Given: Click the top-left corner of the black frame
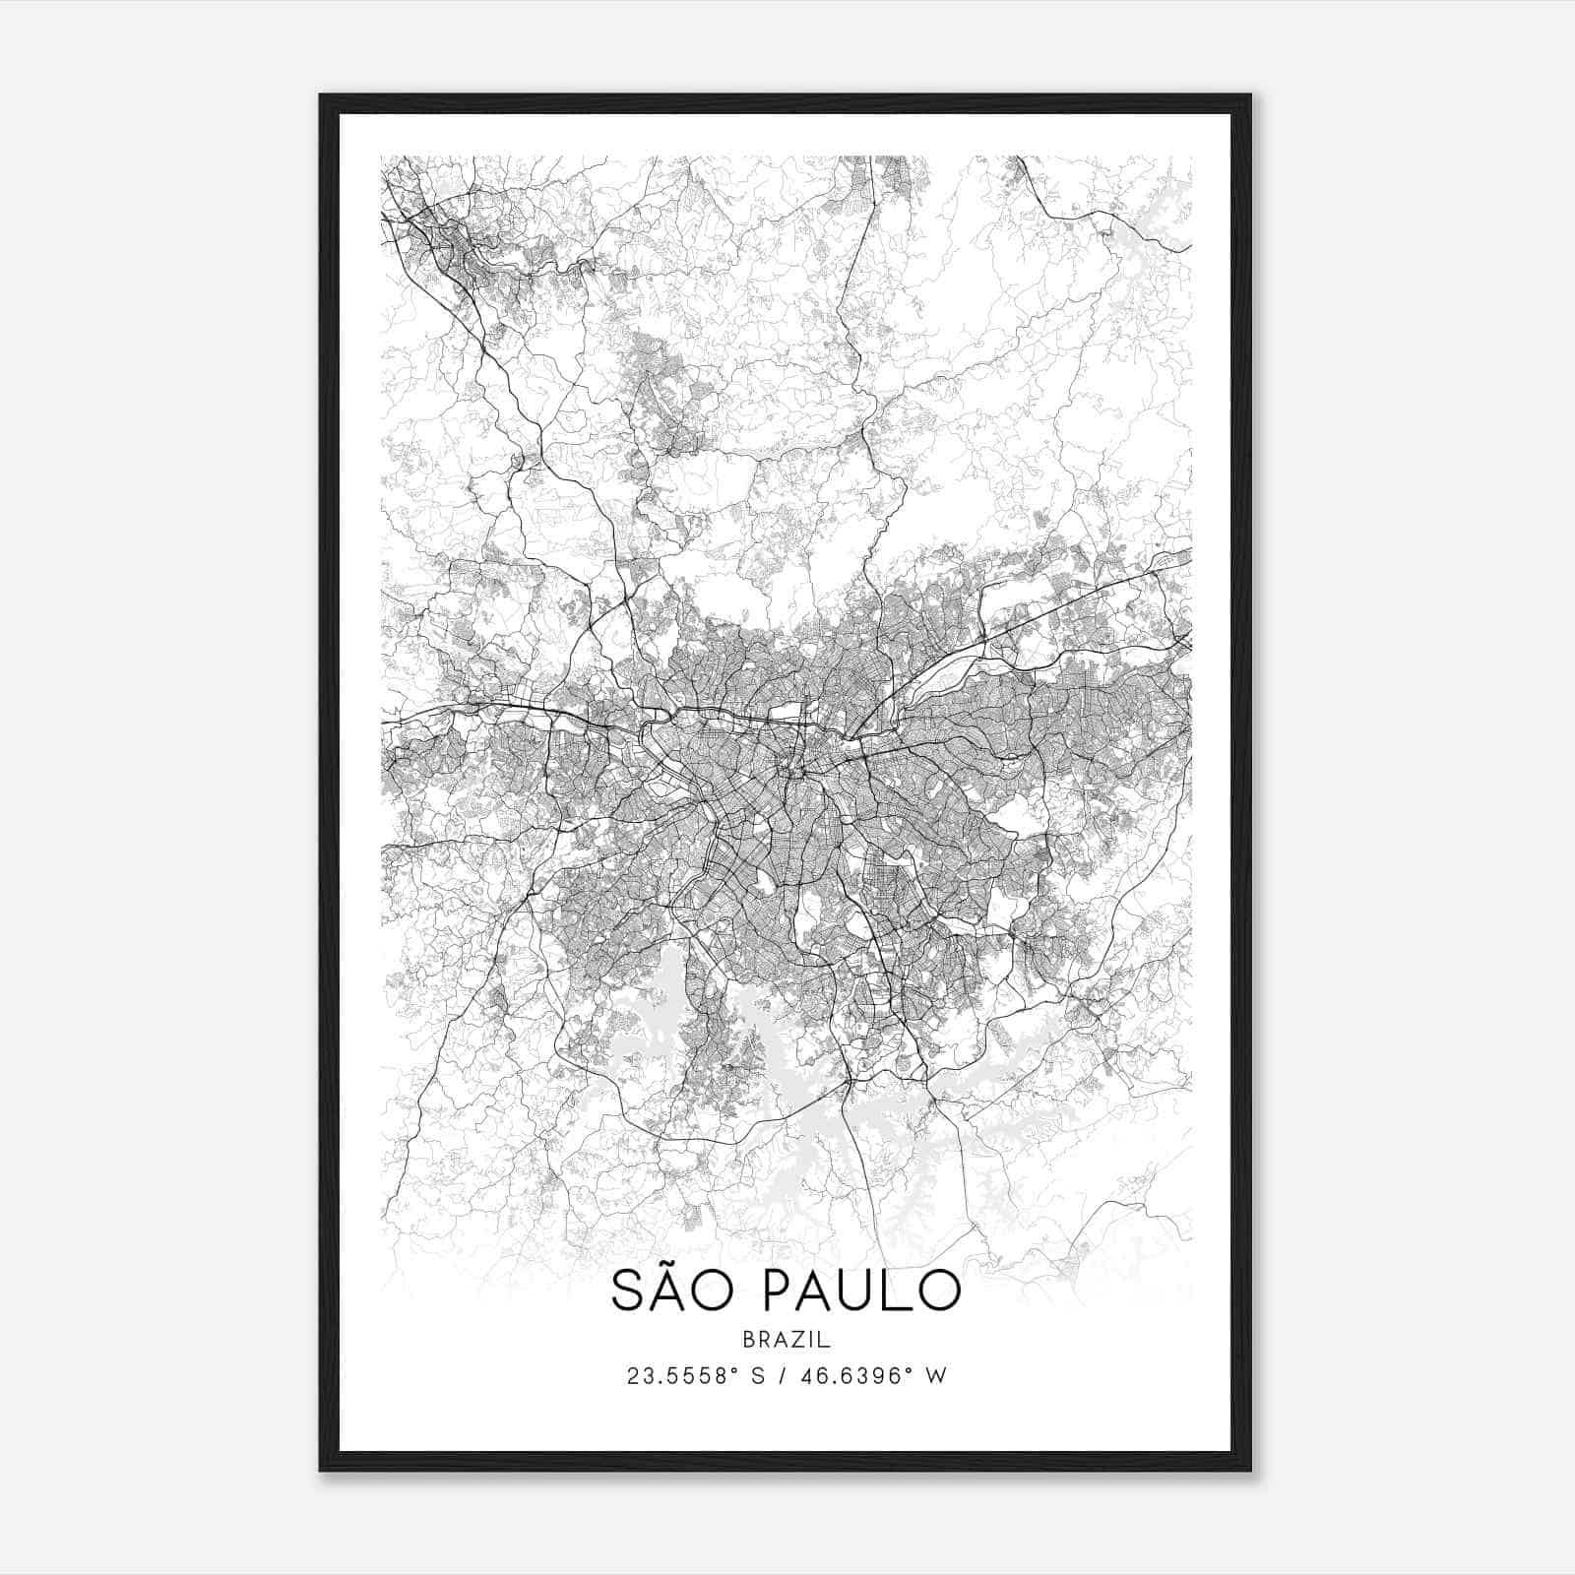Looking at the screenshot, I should pyautogui.click(x=321, y=95).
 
